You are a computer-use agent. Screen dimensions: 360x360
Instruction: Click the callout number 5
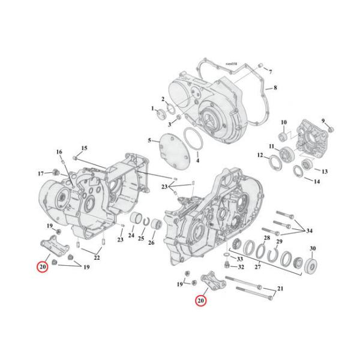coord(150,140)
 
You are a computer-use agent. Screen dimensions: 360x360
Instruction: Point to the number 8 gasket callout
coord(275,88)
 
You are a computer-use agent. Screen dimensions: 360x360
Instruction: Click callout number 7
coord(270,71)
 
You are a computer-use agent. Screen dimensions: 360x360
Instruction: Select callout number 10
coord(284,122)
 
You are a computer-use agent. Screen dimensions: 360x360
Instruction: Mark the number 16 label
coord(59,151)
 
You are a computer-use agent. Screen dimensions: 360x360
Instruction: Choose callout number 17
coord(41,173)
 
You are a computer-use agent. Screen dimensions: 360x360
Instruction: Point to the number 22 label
coord(96,257)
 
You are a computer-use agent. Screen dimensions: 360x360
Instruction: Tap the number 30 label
coord(313,248)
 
